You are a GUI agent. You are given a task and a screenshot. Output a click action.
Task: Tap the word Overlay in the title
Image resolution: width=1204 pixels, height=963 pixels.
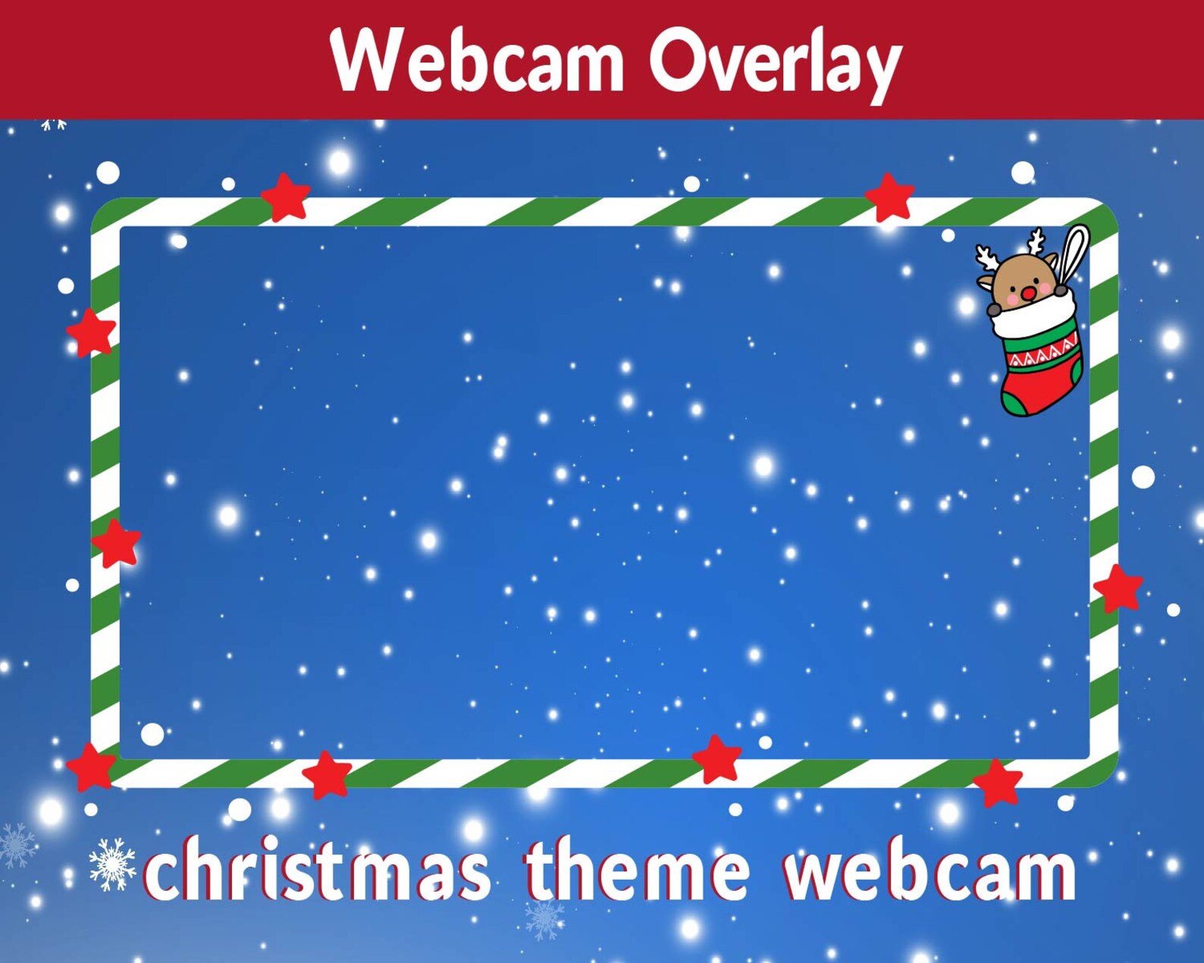pyautogui.click(x=774, y=62)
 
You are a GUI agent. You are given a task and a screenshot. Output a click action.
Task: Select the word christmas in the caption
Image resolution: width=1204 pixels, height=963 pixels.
pyautogui.click(x=317, y=870)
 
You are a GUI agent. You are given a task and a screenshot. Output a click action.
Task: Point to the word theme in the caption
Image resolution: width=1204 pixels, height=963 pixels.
pyautogui.click(x=638, y=870)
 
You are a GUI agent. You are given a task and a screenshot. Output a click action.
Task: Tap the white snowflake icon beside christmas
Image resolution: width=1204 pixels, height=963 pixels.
pyautogui.click(x=112, y=864)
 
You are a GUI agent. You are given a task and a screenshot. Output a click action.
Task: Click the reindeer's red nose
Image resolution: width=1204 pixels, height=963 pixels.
pyautogui.click(x=1029, y=293)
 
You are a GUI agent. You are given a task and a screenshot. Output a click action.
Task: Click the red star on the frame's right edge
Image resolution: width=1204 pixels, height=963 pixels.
pyautogui.click(x=1118, y=588)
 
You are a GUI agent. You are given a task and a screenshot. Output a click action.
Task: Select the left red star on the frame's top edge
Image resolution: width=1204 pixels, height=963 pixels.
pyautogui.click(x=286, y=197)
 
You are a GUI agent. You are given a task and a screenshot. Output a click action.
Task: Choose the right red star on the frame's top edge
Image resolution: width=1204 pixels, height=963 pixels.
pyautogui.click(x=889, y=196)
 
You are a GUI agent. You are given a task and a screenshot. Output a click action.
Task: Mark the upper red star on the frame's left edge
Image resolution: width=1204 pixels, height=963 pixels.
pyautogui.click(x=91, y=332)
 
